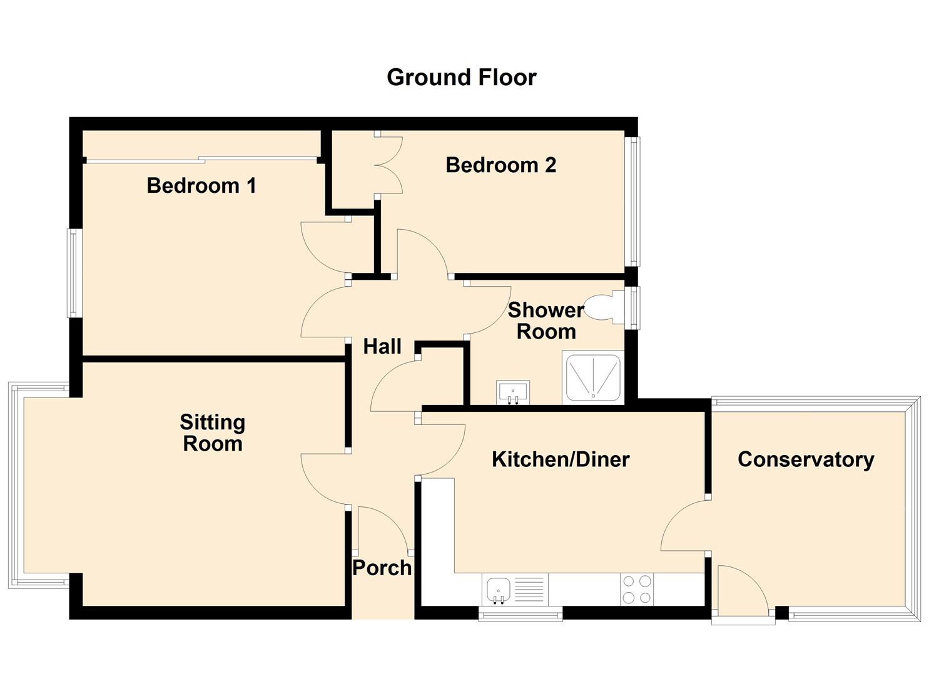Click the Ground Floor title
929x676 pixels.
point(461,78)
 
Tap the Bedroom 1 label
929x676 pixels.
point(201,185)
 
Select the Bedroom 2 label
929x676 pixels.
point(500,165)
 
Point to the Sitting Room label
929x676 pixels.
point(212,433)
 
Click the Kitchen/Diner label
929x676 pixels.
point(561,460)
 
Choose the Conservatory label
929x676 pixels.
point(806,460)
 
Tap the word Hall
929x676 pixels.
point(382,347)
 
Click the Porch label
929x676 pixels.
point(382,568)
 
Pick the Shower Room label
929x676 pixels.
point(546,321)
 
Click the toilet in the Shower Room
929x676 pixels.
point(605,307)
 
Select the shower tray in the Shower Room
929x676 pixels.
point(593,377)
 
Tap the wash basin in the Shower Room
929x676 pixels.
point(513,392)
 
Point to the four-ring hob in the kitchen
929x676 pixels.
point(637,589)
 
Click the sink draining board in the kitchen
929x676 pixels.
point(529,590)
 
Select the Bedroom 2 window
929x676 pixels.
point(633,202)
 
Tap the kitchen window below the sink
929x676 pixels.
point(520,615)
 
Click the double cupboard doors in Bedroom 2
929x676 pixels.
point(388,164)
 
